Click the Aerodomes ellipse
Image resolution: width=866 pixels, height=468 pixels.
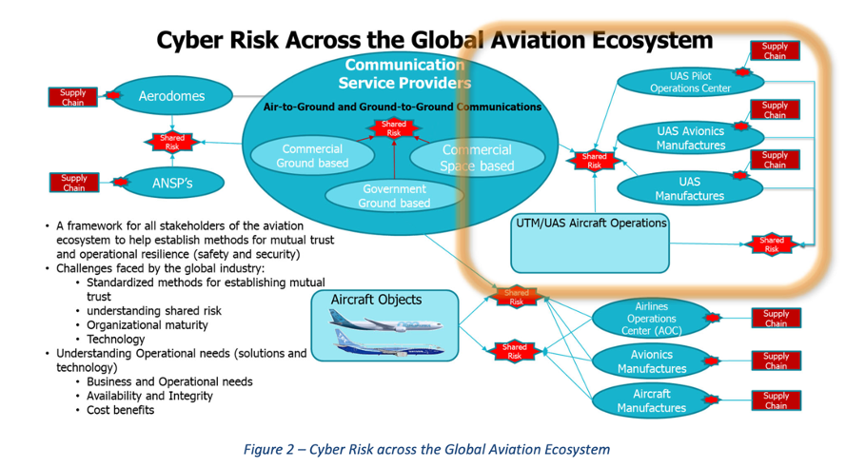click(171, 96)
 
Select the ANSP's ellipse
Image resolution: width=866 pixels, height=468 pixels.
click(171, 182)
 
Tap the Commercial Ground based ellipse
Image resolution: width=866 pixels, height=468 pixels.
click(312, 156)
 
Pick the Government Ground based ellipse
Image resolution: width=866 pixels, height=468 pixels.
click(394, 195)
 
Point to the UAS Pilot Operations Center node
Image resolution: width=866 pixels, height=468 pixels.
click(677, 81)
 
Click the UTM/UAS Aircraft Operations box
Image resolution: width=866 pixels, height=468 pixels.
click(590, 243)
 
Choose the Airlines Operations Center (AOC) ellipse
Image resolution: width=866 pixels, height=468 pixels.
click(652, 319)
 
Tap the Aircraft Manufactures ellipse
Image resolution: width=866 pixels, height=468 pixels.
click(652, 400)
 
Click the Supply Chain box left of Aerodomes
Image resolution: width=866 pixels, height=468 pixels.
click(73, 97)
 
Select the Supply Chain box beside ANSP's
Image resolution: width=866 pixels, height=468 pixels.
click(73, 183)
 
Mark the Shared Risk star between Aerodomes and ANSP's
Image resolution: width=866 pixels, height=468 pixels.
click(171, 142)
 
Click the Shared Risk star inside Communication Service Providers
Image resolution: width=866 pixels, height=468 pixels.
click(394, 128)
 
